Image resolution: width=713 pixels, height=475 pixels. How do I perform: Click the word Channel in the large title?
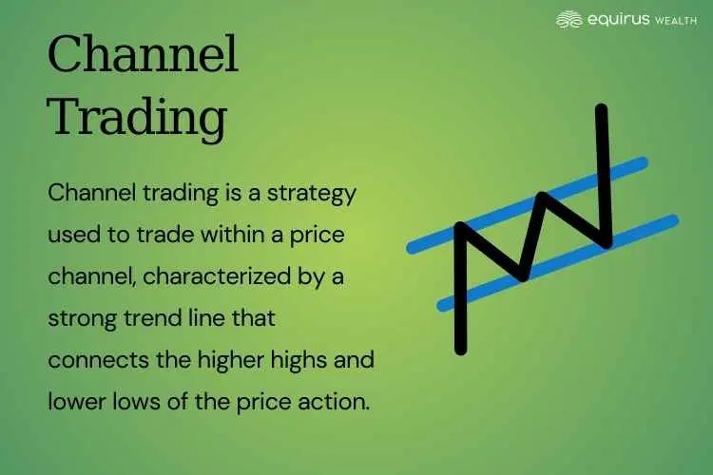click(143, 59)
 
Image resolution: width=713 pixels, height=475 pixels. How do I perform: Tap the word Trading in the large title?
click(137, 119)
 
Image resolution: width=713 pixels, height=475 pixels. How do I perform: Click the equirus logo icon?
click(568, 19)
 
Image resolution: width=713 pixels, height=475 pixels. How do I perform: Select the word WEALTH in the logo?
click(669, 20)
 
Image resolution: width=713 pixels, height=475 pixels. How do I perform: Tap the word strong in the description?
click(81, 318)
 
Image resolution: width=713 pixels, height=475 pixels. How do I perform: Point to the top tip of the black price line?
click(601, 106)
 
